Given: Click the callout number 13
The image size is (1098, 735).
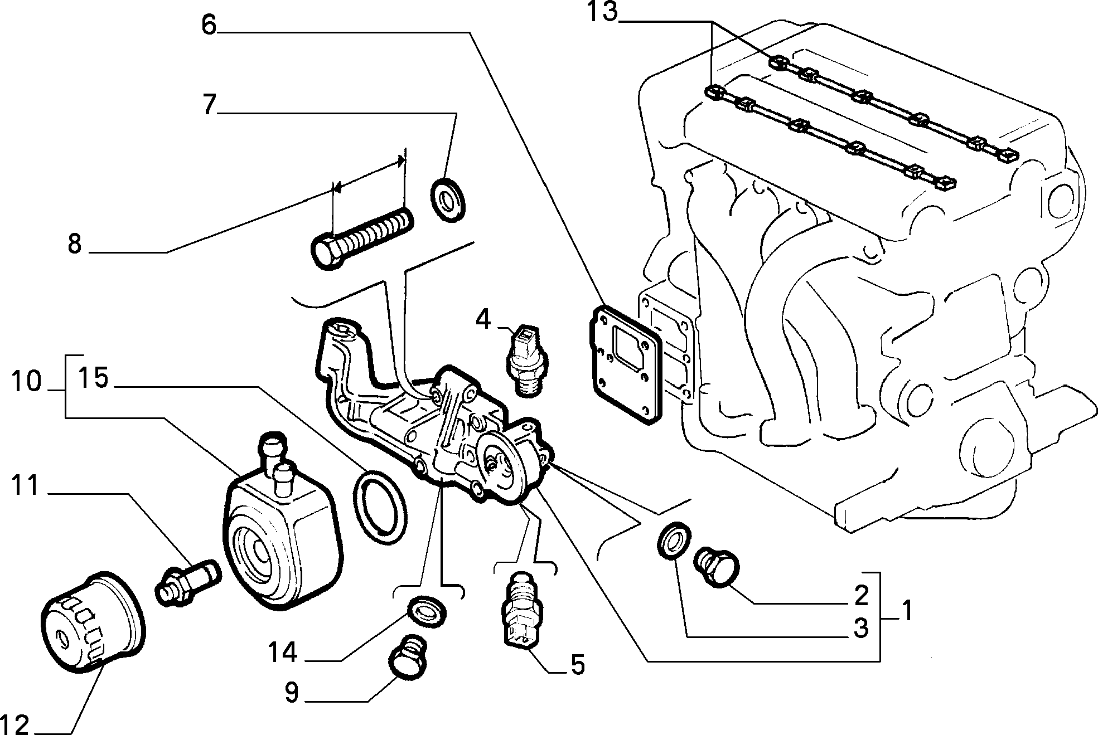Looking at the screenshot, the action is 602,12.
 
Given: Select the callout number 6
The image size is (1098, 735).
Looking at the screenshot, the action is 209,25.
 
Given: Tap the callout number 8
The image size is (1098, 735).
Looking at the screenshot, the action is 75,244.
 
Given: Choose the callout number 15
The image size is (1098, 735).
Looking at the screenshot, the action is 93,378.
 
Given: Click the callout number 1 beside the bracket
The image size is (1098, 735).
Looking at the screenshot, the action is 907,611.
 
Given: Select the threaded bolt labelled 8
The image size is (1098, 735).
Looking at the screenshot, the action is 361,237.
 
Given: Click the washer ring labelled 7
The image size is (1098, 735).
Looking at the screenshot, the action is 448,199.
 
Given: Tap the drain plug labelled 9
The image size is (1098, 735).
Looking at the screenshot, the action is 408,660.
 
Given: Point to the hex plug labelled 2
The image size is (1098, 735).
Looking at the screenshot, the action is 717,566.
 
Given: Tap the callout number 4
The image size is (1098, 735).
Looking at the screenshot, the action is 483,320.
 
